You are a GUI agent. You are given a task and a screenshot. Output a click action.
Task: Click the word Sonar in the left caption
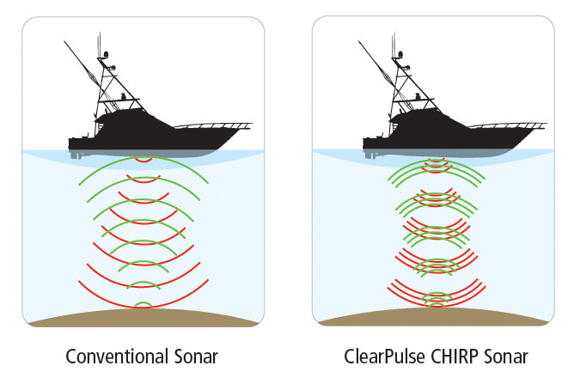[196, 355]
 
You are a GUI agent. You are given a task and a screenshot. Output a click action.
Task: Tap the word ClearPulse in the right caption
[385, 355]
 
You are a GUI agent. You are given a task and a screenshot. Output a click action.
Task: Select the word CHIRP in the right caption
[460, 355]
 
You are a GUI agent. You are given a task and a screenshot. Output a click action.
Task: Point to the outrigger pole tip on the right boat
[357, 40]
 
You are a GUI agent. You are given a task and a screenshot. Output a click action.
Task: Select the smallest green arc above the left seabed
[144, 304]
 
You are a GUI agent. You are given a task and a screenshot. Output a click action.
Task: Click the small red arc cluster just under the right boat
[437, 162]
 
